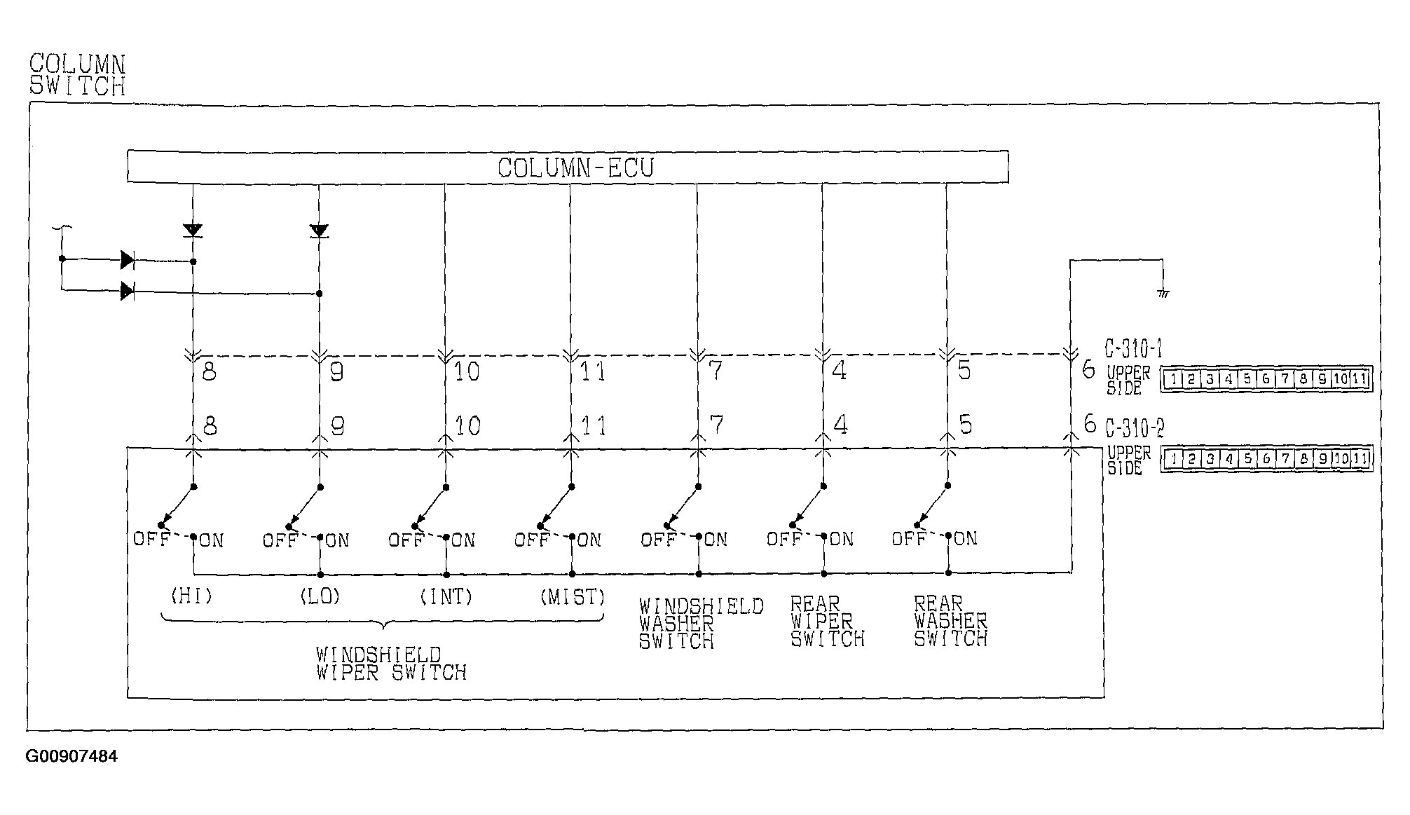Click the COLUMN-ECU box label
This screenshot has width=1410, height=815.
tap(575, 168)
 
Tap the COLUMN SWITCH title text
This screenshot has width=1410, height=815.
tap(77, 75)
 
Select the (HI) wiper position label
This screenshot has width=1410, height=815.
tap(191, 596)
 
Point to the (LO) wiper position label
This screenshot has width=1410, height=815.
tap(320, 596)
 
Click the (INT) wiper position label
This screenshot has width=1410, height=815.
tap(446, 596)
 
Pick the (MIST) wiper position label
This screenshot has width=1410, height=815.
tap(573, 597)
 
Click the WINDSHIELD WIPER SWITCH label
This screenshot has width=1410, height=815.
tap(390, 664)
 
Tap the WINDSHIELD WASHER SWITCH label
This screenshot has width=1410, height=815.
tap(700, 623)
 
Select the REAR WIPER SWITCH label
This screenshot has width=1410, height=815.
tap(827, 622)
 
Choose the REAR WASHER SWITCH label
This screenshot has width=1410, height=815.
tap(950, 621)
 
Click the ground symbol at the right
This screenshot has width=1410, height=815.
tap(1163, 293)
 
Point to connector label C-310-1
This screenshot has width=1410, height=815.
tap(1134, 348)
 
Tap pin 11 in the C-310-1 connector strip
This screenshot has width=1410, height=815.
tap(1359, 379)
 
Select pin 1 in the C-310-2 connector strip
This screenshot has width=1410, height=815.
tap(1172, 459)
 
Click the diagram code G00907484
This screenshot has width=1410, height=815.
tap(71, 757)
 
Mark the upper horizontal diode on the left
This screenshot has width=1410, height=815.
tap(127, 260)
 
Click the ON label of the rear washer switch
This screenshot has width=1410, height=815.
tap(965, 539)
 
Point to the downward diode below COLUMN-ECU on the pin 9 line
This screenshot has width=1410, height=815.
tap(319, 231)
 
